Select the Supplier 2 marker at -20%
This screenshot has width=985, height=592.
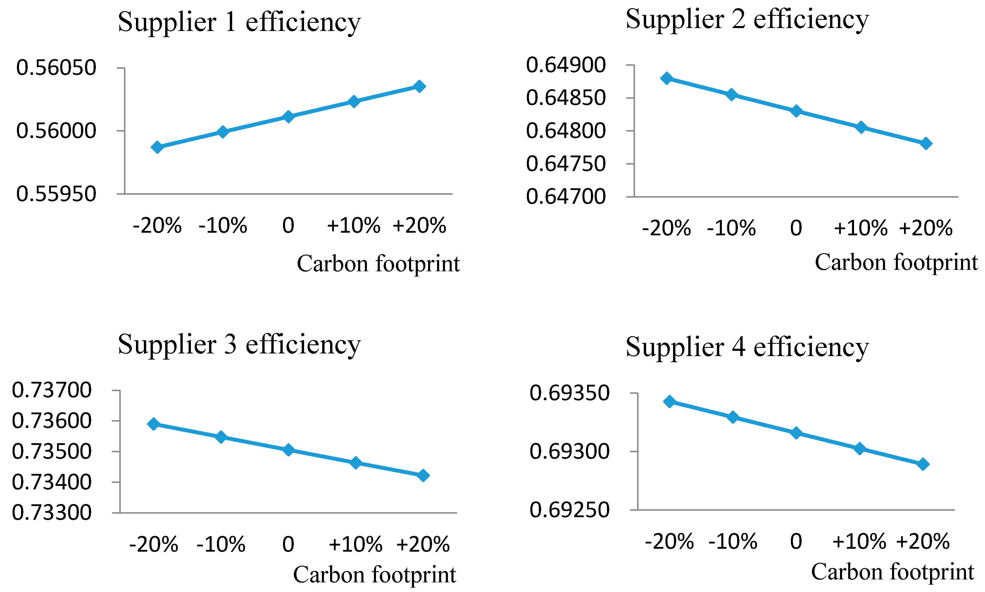click(666, 78)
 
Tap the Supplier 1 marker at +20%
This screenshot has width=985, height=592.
click(419, 86)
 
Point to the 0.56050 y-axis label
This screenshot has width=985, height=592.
click(56, 68)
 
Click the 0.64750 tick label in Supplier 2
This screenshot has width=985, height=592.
click(566, 164)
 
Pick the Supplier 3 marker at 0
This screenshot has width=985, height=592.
click(288, 450)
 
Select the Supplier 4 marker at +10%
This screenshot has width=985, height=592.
click(860, 448)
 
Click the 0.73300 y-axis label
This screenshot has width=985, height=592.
click(52, 512)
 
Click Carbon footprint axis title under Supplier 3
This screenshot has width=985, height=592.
click(374, 575)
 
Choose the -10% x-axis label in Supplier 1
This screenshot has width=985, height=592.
click(222, 225)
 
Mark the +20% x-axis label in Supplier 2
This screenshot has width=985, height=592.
click(926, 228)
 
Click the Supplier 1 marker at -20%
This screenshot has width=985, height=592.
click(157, 147)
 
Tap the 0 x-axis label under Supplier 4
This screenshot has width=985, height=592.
click(796, 541)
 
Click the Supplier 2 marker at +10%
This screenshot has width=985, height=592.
click(861, 127)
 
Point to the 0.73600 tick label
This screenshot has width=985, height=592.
click(52, 421)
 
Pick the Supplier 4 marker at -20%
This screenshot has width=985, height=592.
click(670, 401)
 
